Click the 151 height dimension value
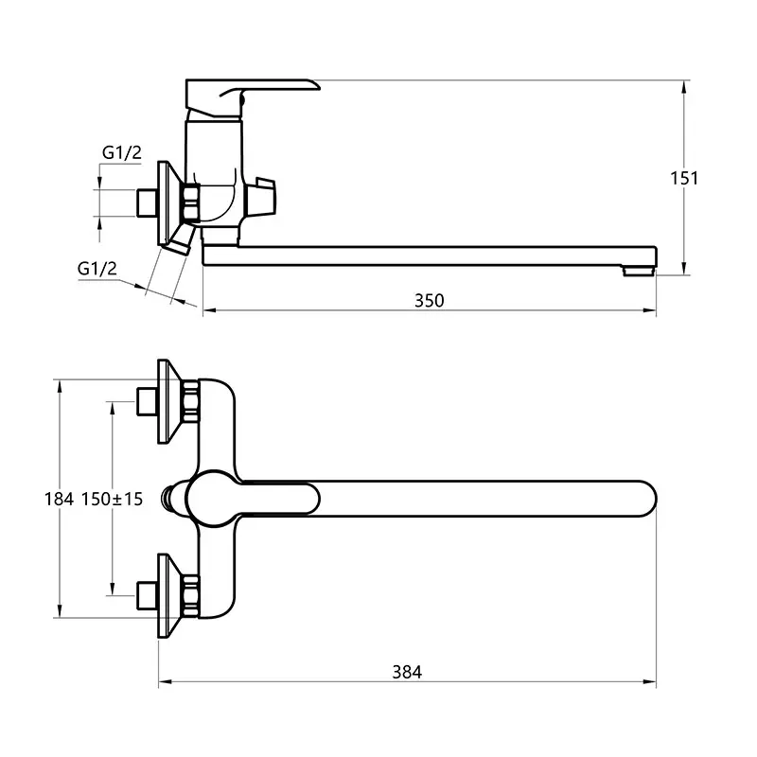(684, 177)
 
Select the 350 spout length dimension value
(429, 300)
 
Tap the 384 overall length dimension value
(407, 672)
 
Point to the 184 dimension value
(60, 499)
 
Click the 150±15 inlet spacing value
(112, 499)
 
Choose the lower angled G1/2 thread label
(97, 269)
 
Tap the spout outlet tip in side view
(640, 270)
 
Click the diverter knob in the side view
(262, 197)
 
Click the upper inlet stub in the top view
(147, 400)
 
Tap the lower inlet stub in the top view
(147, 595)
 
